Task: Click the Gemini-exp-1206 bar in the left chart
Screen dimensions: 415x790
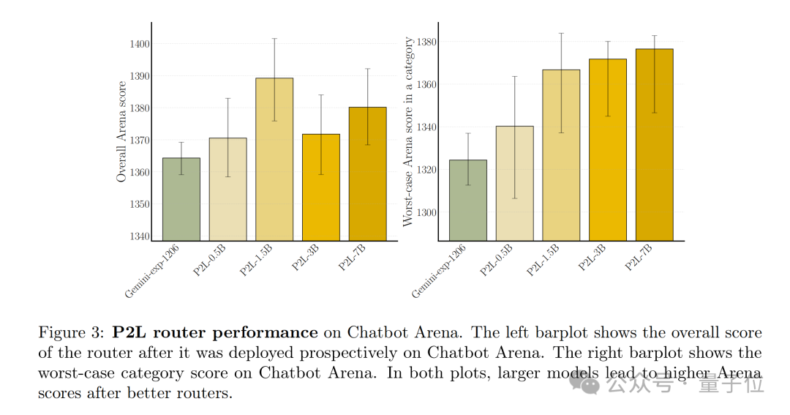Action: [x=181, y=199]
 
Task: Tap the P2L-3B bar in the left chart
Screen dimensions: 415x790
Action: [x=321, y=187]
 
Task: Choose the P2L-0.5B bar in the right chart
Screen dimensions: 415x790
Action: [x=514, y=183]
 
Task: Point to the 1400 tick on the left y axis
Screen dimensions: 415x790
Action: [x=139, y=44]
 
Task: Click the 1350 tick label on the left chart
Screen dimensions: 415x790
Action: [x=139, y=204]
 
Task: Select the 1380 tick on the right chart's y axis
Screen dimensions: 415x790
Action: [x=426, y=42]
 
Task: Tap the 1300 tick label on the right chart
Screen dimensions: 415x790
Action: [x=426, y=212]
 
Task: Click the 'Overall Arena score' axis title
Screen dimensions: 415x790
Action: [x=121, y=132]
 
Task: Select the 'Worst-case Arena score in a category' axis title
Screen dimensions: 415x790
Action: [x=409, y=132]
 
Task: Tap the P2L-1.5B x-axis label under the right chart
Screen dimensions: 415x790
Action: [x=543, y=261]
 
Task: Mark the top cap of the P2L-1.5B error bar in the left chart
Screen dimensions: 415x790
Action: [x=274, y=38]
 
